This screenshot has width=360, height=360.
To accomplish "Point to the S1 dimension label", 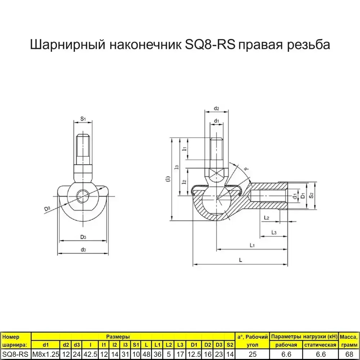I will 83,118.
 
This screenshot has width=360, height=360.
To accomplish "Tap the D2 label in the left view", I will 47,209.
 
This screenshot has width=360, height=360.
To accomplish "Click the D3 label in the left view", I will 83,237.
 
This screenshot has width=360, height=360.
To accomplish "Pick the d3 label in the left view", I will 83,249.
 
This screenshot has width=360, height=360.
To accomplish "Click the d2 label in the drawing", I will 216,108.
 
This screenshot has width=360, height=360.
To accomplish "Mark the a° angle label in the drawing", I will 246,169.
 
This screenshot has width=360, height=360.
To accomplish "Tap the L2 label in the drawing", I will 266,218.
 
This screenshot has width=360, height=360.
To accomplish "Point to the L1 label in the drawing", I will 252,245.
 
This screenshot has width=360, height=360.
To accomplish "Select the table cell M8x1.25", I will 45,355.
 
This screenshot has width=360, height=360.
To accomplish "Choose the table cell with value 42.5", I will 90,355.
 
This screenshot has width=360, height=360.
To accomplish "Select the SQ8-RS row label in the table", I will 16,355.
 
